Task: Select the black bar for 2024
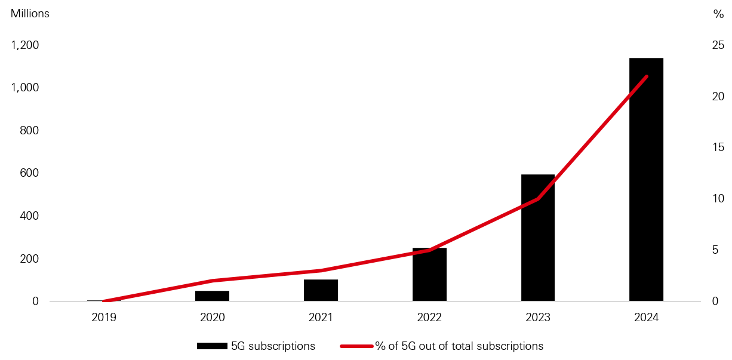coord(646,179)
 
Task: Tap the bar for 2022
coord(429,275)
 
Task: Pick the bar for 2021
coord(321,290)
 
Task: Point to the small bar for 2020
coord(212,296)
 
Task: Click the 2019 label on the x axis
coord(104,318)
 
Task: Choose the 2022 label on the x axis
coord(429,318)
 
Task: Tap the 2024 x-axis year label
coord(646,318)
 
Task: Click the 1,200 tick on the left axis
coord(24,45)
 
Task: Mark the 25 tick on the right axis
coord(717,45)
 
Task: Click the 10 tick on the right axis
coord(717,199)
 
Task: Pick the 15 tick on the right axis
coord(717,147)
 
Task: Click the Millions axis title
coord(30,14)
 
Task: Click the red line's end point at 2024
coord(647,76)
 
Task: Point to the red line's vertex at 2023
coord(538,199)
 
